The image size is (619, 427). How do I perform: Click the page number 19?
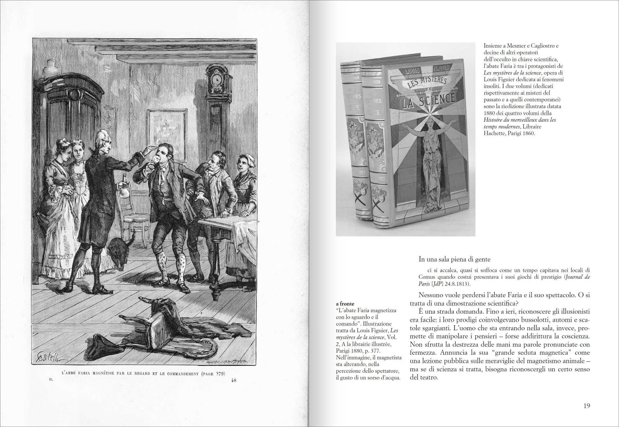[586, 406]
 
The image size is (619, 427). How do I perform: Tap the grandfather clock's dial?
[216, 79]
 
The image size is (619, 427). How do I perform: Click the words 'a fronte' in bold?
[345, 304]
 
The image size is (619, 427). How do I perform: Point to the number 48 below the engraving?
[233, 380]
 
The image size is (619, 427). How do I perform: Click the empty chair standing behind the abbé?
[134, 217]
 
